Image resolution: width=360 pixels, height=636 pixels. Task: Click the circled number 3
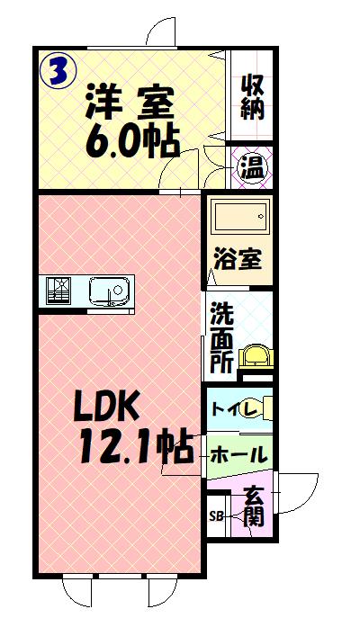(58, 71)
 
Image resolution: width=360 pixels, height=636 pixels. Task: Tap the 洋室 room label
(130, 103)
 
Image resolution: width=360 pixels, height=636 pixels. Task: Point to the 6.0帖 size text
(132, 141)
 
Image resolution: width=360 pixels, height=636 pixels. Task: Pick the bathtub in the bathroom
(241, 217)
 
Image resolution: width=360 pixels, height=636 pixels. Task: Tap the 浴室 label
(238, 259)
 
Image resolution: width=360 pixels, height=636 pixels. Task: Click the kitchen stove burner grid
(58, 291)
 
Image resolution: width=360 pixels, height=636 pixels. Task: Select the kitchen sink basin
(111, 291)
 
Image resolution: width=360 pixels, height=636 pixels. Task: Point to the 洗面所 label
(222, 338)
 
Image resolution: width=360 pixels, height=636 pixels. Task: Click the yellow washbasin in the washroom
(256, 356)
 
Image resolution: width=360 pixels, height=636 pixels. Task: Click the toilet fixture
(257, 408)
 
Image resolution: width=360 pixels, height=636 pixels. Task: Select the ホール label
(239, 454)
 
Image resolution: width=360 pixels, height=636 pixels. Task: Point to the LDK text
(107, 406)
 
